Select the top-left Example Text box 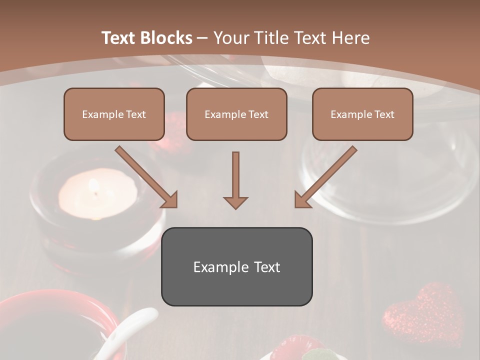(x=114, y=114)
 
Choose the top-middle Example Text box (x=236, y=114)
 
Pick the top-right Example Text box (x=362, y=114)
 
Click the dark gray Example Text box (x=236, y=266)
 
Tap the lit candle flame (x=92, y=186)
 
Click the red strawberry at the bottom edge (x=295, y=347)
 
